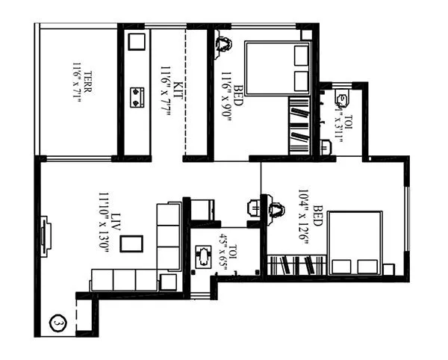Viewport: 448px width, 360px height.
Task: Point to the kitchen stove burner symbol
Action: [137, 96]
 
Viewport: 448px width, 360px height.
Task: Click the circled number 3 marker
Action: [56, 323]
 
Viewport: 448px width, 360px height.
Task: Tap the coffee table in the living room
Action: [131, 243]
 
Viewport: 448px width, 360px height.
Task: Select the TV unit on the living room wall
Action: [44, 237]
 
